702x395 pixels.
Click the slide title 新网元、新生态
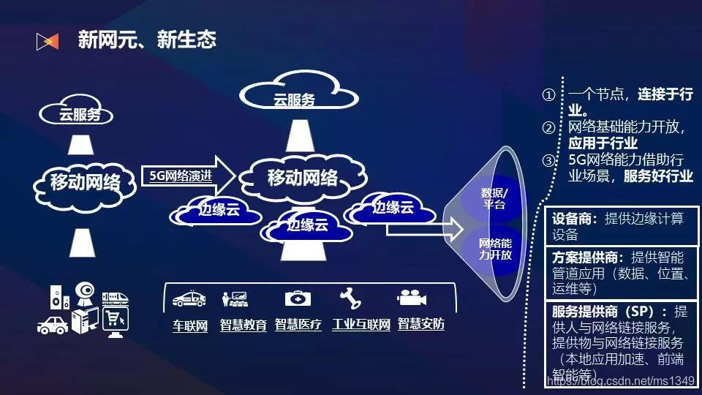[x=147, y=40]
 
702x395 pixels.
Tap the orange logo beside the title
[x=47, y=42]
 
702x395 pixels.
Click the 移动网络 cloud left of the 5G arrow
[x=85, y=182]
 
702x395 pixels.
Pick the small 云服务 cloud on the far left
[x=80, y=114]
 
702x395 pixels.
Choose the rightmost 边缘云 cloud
[x=392, y=208]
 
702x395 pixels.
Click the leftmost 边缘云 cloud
[x=219, y=211]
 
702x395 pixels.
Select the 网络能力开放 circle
[x=495, y=249]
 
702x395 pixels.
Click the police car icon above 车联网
[x=189, y=299]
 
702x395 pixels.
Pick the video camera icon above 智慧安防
[x=412, y=298]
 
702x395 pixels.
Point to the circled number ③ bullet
[x=549, y=160]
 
